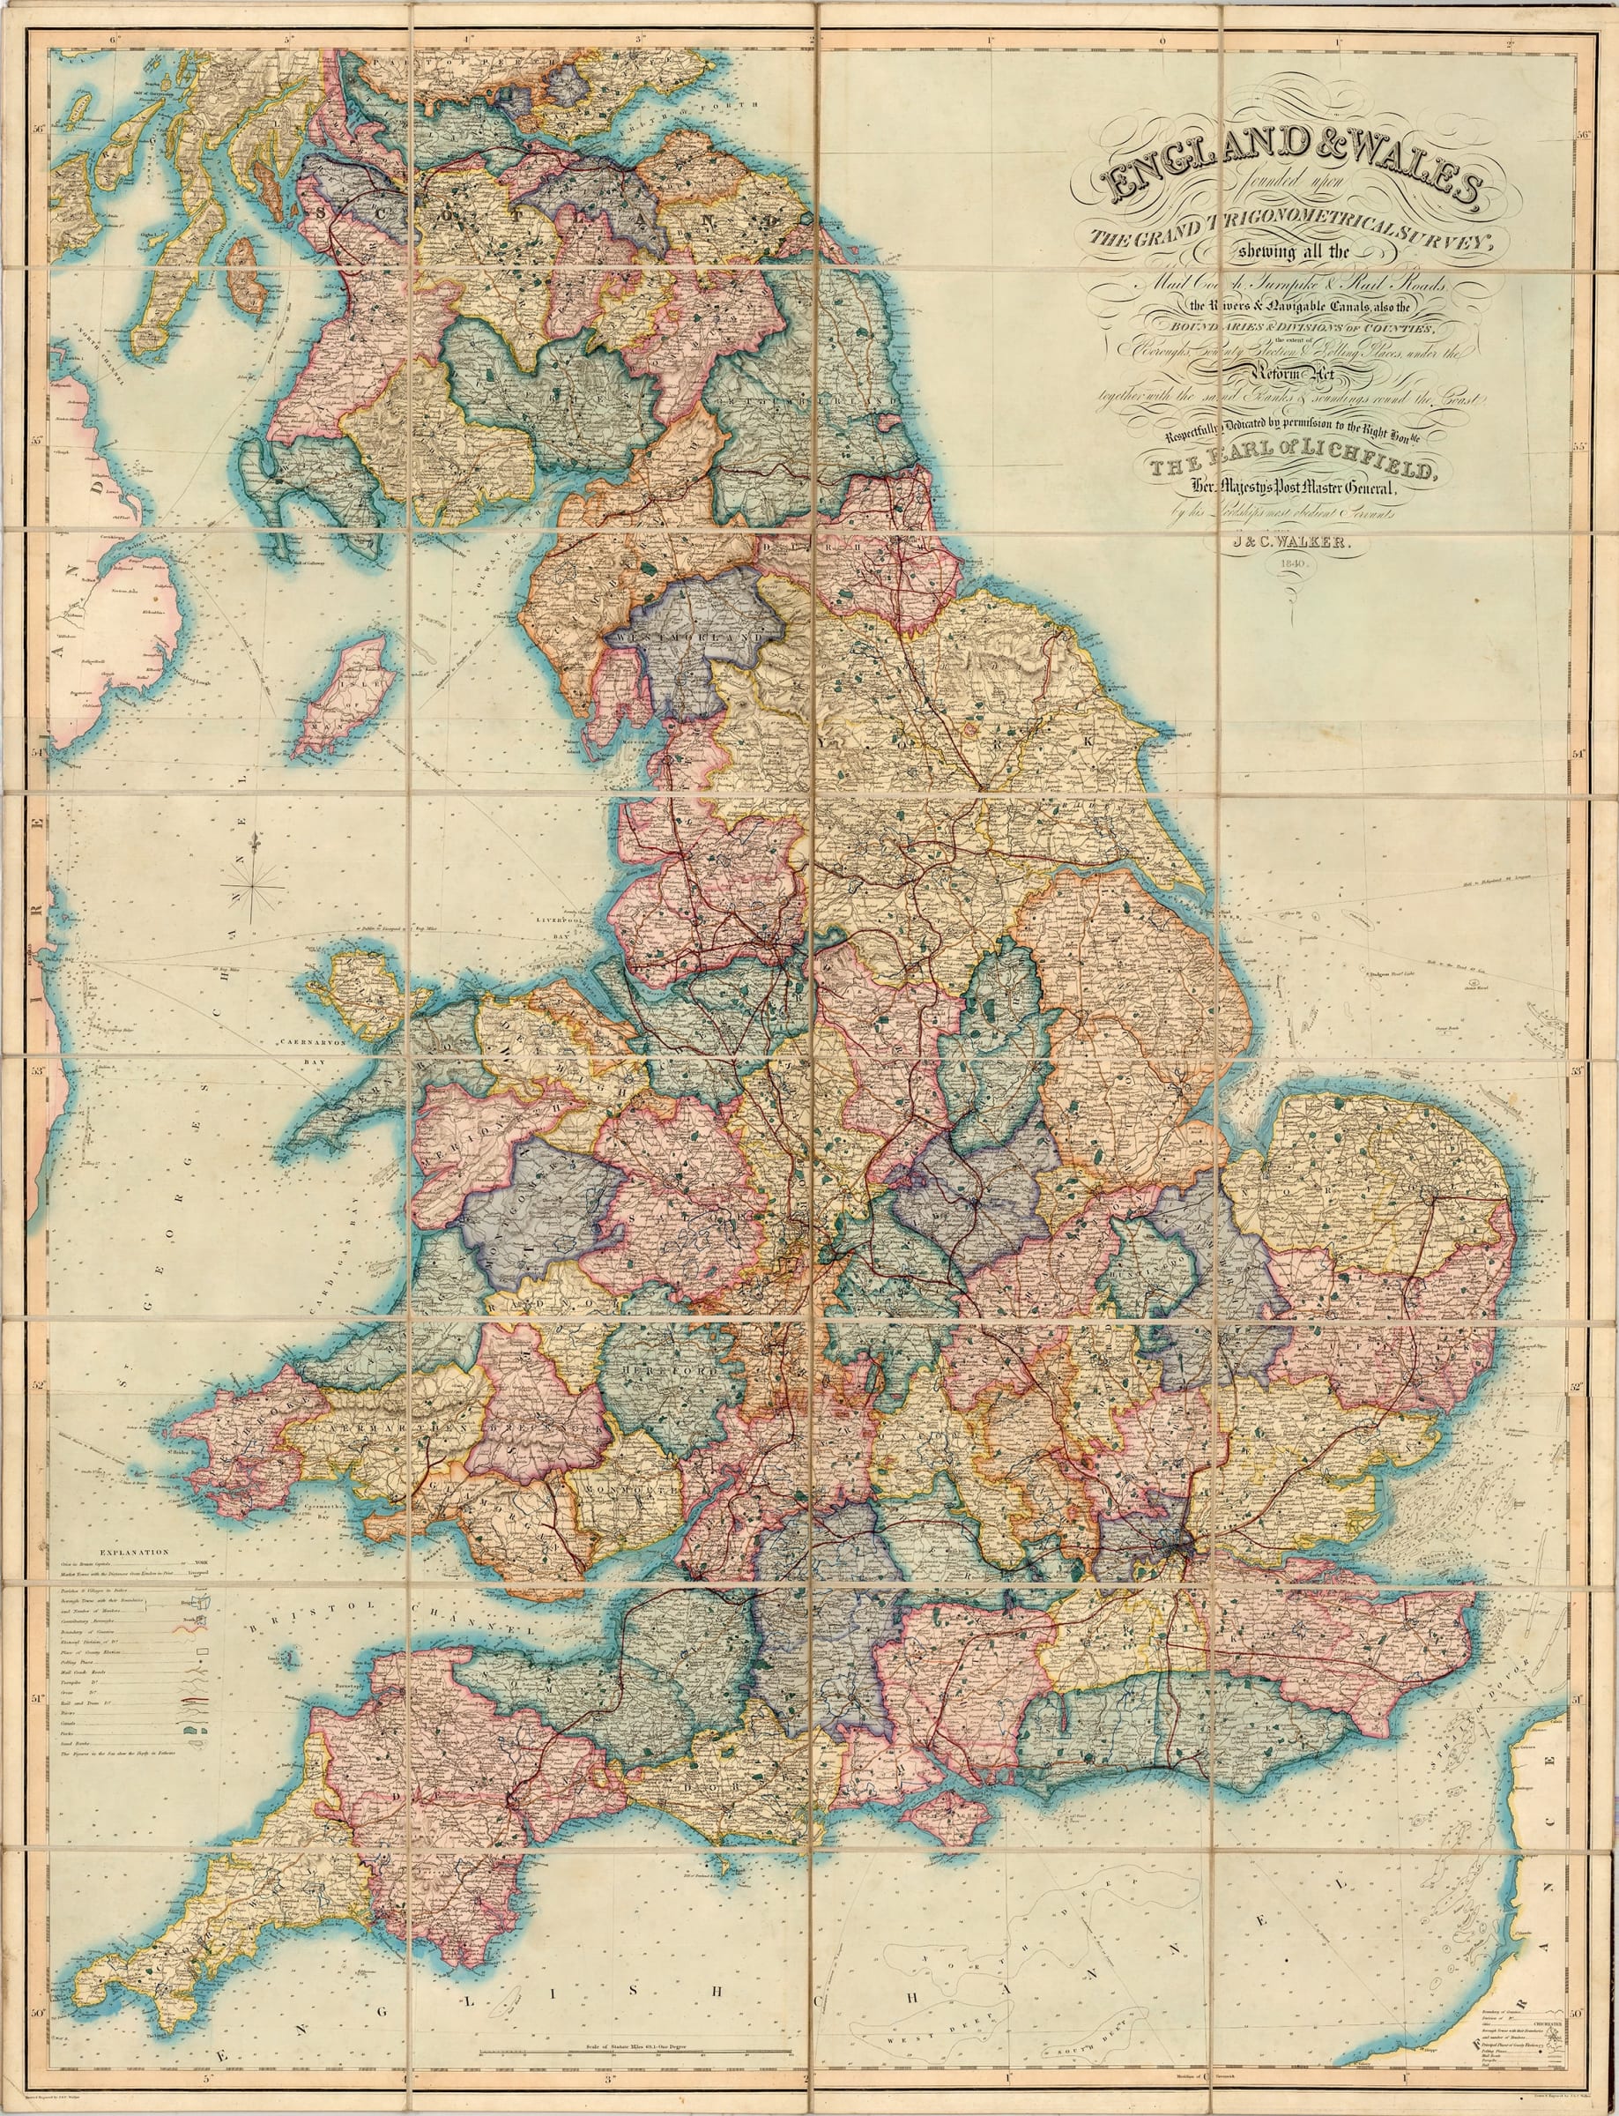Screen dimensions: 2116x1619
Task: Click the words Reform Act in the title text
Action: point(1289,376)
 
